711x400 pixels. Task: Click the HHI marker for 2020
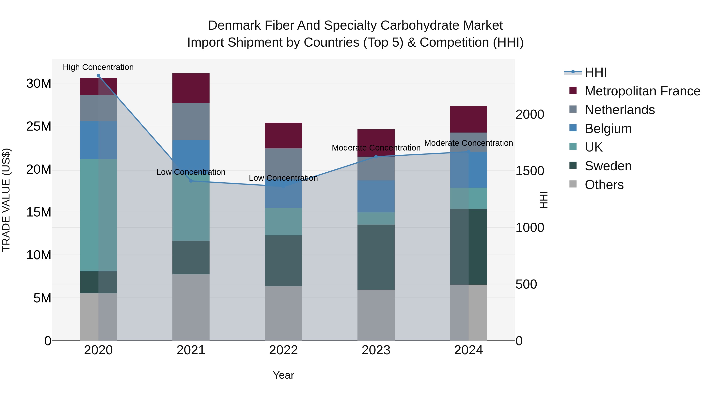98,76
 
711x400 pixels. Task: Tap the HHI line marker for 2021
191,181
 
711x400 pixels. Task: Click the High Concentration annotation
98,67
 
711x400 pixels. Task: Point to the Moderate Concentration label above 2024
468,143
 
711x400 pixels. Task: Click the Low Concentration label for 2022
283,178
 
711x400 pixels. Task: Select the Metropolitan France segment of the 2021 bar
191,88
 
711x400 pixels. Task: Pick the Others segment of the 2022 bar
283,313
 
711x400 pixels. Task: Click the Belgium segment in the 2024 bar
468,170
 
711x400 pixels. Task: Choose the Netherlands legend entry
620,110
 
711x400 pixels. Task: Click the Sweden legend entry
608,166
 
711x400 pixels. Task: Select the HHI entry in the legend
596,72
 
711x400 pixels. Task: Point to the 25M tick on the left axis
39,126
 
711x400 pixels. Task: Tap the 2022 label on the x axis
283,350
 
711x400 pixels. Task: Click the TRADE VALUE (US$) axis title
6,200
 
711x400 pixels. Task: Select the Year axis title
283,375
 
